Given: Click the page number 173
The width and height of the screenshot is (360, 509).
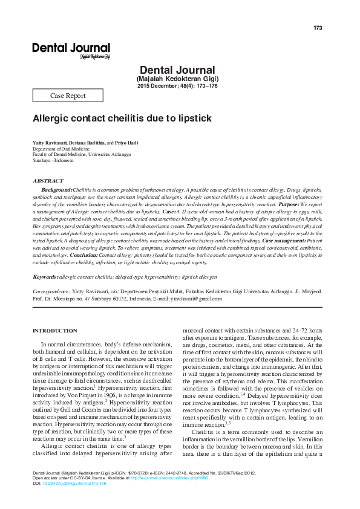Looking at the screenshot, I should point(318,29).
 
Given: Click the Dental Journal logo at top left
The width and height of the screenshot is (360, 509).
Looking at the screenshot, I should point(71,50).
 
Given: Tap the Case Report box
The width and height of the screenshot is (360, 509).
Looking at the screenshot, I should point(67,96).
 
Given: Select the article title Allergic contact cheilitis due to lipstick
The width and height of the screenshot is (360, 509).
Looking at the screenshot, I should point(122,119).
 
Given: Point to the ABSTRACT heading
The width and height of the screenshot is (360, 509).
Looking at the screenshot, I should point(47,181).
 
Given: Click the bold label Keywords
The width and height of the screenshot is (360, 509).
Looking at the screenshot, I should point(45,276).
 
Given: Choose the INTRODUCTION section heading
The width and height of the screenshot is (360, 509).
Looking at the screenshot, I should point(54,330).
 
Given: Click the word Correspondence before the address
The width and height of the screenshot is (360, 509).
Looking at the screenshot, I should point(55,291).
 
